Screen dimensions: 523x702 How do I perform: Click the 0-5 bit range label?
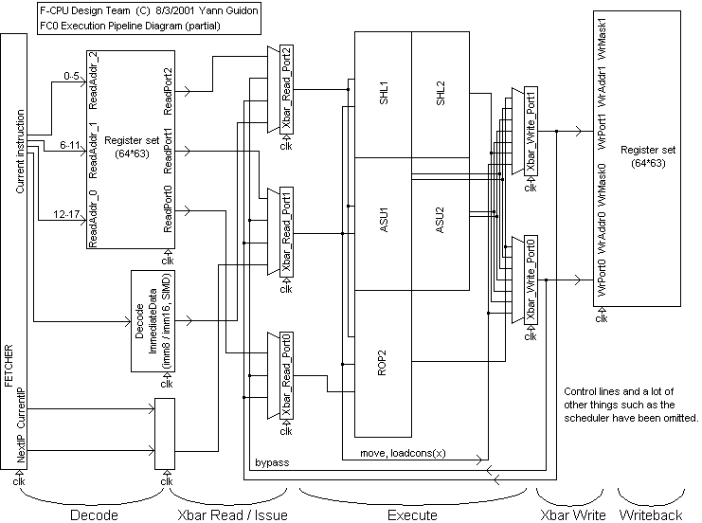point(70,75)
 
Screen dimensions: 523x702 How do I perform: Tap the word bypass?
point(272,461)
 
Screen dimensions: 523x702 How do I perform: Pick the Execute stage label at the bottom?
point(412,514)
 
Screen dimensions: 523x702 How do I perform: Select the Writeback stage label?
point(650,514)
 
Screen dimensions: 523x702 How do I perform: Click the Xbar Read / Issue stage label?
point(232,514)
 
